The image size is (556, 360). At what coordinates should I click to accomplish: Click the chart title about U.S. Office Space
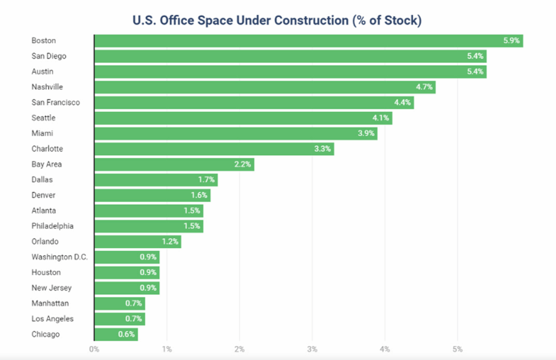pos(277,20)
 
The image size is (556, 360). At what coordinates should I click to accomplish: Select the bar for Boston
pos(308,41)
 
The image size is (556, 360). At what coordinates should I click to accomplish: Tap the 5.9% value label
pos(511,41)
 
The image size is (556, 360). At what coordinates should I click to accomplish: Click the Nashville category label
pos(47,87)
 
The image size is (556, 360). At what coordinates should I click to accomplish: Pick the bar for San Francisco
pos(254,103)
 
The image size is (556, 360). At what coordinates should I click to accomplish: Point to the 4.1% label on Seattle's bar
pos(380,118)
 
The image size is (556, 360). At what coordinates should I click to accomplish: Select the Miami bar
pos(236,134)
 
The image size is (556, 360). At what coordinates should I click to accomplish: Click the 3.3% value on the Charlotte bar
pos(322,149)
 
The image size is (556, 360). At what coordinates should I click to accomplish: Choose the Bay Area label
pos(46,165)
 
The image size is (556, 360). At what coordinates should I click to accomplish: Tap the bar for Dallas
pos(156,180)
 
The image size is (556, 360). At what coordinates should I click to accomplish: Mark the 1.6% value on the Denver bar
pos(199,195)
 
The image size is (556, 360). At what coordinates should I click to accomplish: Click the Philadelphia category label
pos(52,226)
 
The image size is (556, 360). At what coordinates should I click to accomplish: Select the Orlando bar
pos(137,242)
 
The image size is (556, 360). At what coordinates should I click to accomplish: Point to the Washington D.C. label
pos(59,257)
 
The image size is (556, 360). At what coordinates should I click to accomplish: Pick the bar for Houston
pos(127,273)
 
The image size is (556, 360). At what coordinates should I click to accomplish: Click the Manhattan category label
pos(50,304)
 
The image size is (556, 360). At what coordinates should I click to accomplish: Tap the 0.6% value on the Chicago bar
pos(126,334)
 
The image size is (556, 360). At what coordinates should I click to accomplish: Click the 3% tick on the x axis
pos(312,349)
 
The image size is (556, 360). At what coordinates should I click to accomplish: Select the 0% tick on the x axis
pos(94,349)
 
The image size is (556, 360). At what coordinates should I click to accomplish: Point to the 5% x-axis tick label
pos(458,349)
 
